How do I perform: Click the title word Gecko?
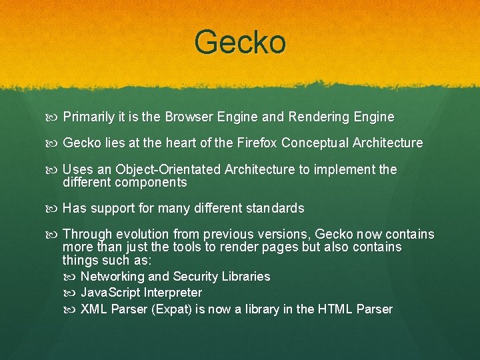(x=240, y=43)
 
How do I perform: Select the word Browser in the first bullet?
(x=187, y=117)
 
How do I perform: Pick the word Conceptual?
(x=315, y=143)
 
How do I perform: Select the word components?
(x=151, y=182)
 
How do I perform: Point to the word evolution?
(x=143, y=235)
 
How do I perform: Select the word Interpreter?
(x=171, y=293)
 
